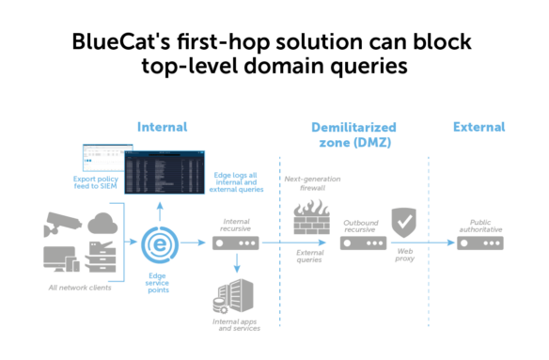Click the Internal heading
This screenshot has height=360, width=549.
pyautogui.click(x=162, y=126)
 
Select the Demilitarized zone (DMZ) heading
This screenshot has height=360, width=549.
pyautogui.click(x=353, y=134)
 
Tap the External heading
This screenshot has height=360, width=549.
pyautogui.click(x=478, y=126)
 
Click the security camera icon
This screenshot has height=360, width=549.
pyautogui.click(x=62, y=225)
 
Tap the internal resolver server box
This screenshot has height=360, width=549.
pyautogui.click(x=235, y=243)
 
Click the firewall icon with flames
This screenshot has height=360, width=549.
pyautogui.click(x=311, y=220)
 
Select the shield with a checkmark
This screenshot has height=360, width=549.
pyautogui.click(x=403, y=222)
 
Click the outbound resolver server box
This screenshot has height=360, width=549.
pyautogui.click(x=363, y=243)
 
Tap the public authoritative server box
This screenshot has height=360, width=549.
pyautogui.click(x=479, y=243)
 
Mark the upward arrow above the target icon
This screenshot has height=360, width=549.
pyautogui.click(x=159, y=207)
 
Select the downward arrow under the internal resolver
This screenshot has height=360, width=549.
pyautogui.click(x=235, y=268)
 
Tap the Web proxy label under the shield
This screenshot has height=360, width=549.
pyautogui.click(x=403, y=257)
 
